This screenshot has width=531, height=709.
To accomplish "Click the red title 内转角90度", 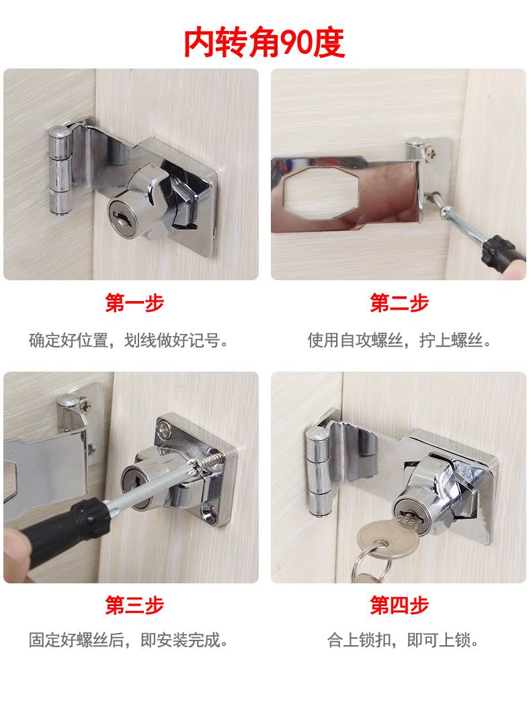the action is pyautogui.click(x=265, y=42).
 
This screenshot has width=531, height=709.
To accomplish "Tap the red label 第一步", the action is pyautogui.click(x=134, y=302).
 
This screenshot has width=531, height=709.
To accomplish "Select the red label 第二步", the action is pyautogui.click(x=399, y=302).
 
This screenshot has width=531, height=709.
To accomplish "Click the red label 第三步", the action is pyautogui.click(x=134, y=605).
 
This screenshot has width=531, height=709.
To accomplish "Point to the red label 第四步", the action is pyautogui.click(x=399, y=605).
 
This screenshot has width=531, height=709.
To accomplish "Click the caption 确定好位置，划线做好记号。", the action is pyautogui.click(x=130, y=340).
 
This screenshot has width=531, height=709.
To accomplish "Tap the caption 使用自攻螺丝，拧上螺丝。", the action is pyautogui.click(x=399, y=340).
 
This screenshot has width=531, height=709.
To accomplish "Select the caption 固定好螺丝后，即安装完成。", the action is pyautogui.click(x=130, y=640).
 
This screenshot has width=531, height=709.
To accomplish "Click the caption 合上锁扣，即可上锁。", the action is pyautogui.click(x=403, y=640).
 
